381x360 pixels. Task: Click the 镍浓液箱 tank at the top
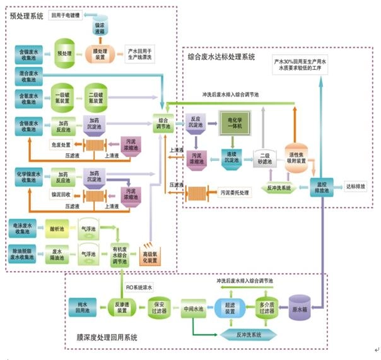(x=100, y=27)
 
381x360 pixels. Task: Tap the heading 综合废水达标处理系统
(x=221, y=57)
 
